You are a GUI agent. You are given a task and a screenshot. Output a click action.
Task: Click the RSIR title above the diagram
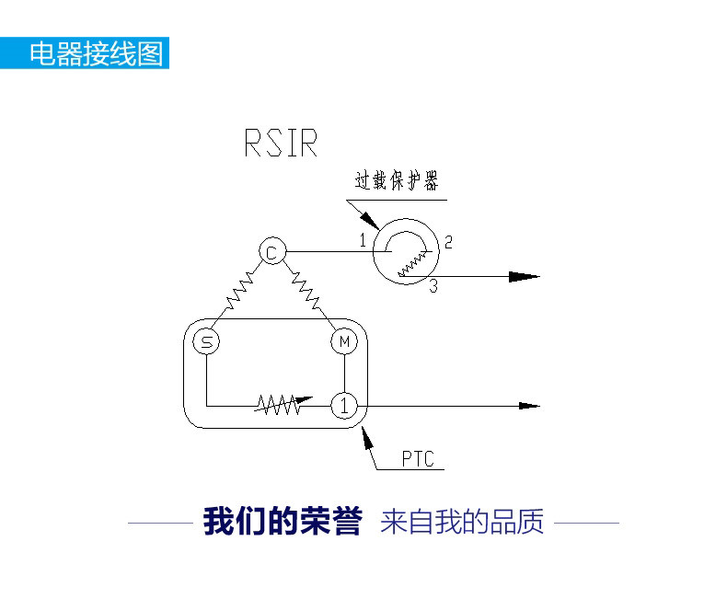point(281,143)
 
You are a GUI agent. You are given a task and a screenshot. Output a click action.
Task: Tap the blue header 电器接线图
point(97,53)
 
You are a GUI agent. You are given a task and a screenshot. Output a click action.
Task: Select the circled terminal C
point(272,251)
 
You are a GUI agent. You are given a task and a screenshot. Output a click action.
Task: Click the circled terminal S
point(206,342)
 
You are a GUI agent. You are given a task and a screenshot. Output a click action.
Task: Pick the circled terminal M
point(344,341)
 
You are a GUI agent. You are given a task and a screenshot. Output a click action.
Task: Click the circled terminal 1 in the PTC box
point(344,406)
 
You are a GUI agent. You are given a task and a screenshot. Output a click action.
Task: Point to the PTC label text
point(418,459)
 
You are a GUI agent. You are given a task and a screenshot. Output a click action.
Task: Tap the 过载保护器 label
point(397,180)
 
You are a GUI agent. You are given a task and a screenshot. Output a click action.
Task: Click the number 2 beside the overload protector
point(448,242)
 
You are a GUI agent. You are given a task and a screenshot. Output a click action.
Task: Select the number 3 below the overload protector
point(433,285)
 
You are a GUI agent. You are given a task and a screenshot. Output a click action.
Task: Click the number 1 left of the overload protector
point(363,240)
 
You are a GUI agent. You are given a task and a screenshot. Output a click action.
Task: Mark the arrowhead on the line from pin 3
point(525,277)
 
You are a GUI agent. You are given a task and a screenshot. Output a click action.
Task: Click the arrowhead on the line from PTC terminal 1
point(529,406)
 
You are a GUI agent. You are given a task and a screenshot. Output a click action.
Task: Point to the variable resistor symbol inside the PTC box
point(283,405)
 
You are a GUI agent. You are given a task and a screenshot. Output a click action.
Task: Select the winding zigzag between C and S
point(239,291)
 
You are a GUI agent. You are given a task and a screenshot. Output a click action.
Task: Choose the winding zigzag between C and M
point(306,291)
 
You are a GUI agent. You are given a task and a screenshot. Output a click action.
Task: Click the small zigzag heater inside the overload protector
point(412,264)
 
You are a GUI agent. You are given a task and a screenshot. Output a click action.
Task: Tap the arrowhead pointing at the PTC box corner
point(367,438)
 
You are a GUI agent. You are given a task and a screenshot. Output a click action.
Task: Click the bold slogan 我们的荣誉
point(283,522)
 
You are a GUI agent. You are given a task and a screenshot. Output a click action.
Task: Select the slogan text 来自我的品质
point(462,522)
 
